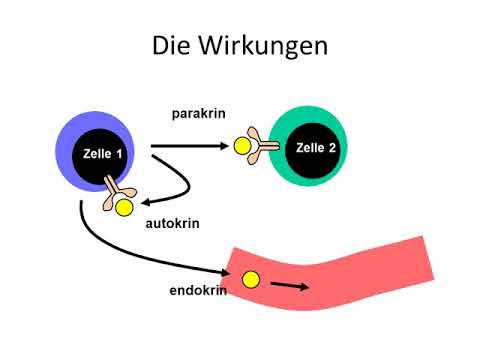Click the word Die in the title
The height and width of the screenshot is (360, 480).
tap(172, 46)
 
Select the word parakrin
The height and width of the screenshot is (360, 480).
tap(199, 114)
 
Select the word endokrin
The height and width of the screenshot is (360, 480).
tap(197, 291)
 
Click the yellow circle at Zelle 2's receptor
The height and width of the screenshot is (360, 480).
tap(242, 147)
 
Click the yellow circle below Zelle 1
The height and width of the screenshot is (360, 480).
tap(124, 208)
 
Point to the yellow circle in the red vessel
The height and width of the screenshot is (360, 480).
tap(251, 280)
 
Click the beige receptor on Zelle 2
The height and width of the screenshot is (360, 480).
tap(262, 146)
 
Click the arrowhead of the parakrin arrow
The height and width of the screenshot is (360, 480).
tap(224, 147)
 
